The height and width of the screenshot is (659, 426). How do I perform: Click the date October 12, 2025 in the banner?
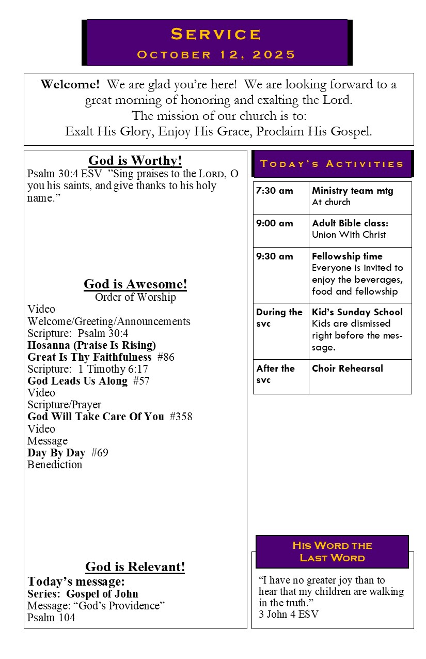click(216, 55)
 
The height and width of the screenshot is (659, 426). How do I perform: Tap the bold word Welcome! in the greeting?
click(70, 84)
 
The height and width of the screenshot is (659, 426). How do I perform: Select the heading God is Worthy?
click(135, 160)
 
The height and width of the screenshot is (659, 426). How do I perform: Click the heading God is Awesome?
click(135, 284)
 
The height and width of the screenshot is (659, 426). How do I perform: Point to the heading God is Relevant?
click(135, 566)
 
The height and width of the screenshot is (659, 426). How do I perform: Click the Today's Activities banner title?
click(332, 164)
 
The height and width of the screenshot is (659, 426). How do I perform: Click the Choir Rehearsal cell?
click(348, 369)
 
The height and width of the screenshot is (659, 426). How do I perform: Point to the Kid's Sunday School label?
click(357, 312)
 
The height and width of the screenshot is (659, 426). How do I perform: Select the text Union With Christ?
click(349, 235)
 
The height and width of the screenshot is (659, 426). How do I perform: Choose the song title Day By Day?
click(56, 453)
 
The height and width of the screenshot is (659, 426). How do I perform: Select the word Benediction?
click(55, 465)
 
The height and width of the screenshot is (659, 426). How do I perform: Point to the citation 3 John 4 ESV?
click(289, 614)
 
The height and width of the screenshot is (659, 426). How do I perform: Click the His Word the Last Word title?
click(332, 551)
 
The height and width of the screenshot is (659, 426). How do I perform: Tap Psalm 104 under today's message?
click(51, 617)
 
